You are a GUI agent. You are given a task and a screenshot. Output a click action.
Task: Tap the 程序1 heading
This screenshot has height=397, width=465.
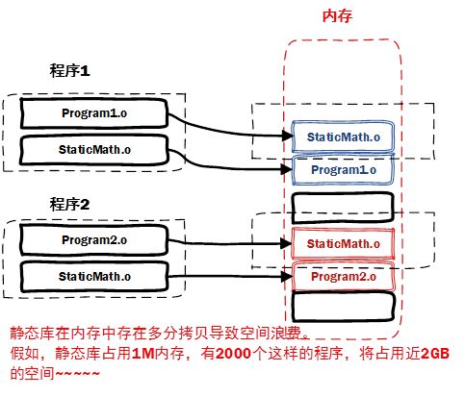pyautogui.click(x=69, y=70)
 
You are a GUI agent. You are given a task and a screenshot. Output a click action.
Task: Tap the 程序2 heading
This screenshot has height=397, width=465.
pyautogui.click(x=69, y=203)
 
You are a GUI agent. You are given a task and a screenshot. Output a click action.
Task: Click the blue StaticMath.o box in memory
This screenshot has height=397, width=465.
pyautogui.click(x=344, y=136)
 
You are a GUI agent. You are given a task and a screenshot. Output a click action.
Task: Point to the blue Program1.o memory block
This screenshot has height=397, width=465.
pyautogui.click(x=344, y=170)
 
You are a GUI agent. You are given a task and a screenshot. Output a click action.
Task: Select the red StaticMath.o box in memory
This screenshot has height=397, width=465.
pyautogui.click(x=344, y=244)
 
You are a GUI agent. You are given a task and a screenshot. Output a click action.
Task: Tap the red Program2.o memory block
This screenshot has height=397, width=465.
pyautogui.click(x=344, y=277)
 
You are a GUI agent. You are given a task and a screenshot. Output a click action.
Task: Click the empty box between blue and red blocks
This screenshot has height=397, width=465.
pyautogui.click(x=344, y=206)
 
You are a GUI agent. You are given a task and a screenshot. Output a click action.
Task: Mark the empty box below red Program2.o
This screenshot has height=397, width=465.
pyautogui.click(x=344, y=309)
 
